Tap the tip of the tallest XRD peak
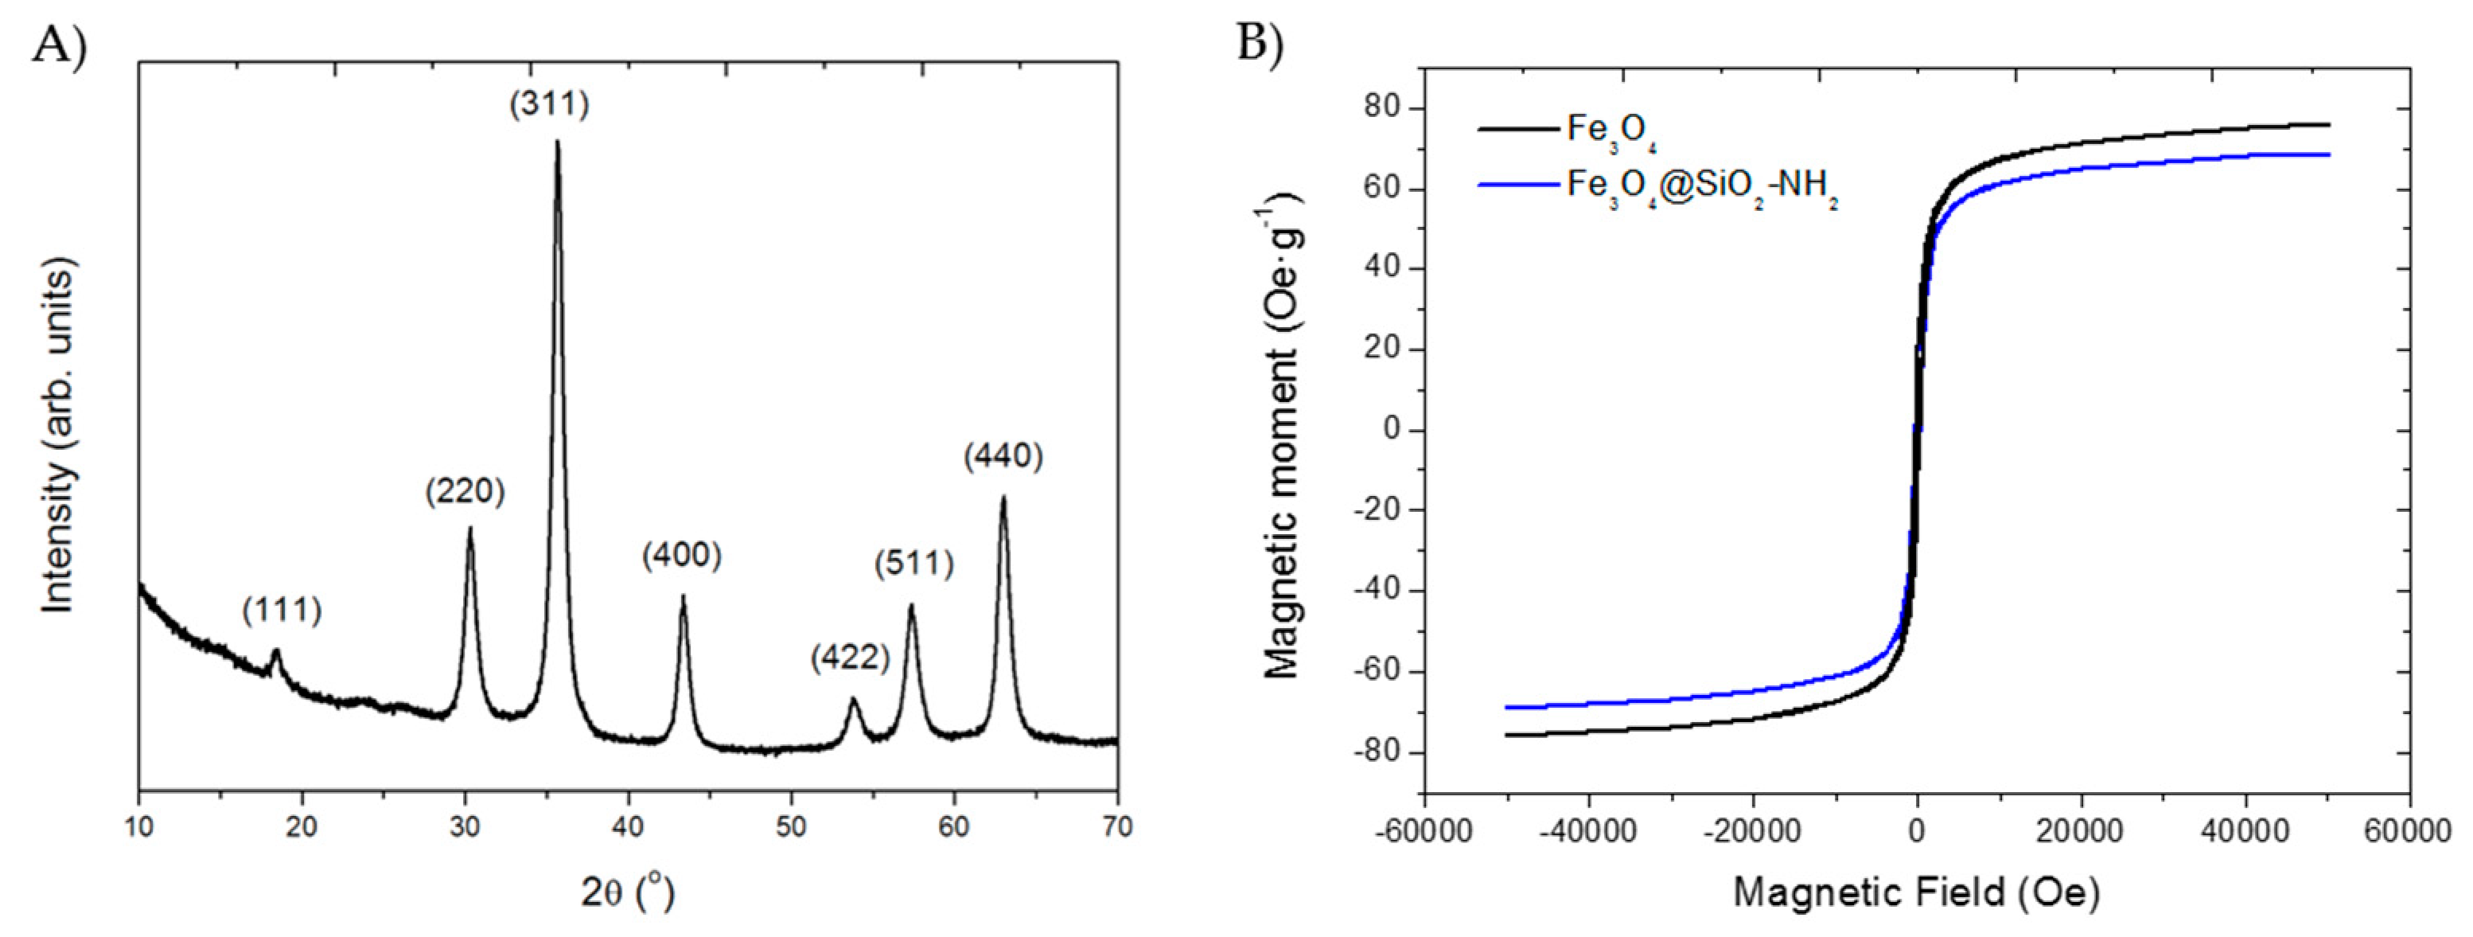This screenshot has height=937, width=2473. [557, 142]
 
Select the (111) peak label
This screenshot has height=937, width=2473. [282, 609]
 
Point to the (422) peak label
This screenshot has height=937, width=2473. [850, 658]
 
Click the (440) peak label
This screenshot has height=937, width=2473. [1003, 455]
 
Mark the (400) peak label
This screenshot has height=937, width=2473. [682, 554]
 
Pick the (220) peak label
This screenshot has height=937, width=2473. [465, 490]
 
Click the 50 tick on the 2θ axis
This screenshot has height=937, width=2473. [792, 826]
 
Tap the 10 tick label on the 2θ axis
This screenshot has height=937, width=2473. [139, 826]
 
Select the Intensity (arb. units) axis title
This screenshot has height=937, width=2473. [57, 439]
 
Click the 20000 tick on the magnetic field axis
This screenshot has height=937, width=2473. [2081, 831]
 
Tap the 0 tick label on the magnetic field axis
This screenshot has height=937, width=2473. [1916, 831]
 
